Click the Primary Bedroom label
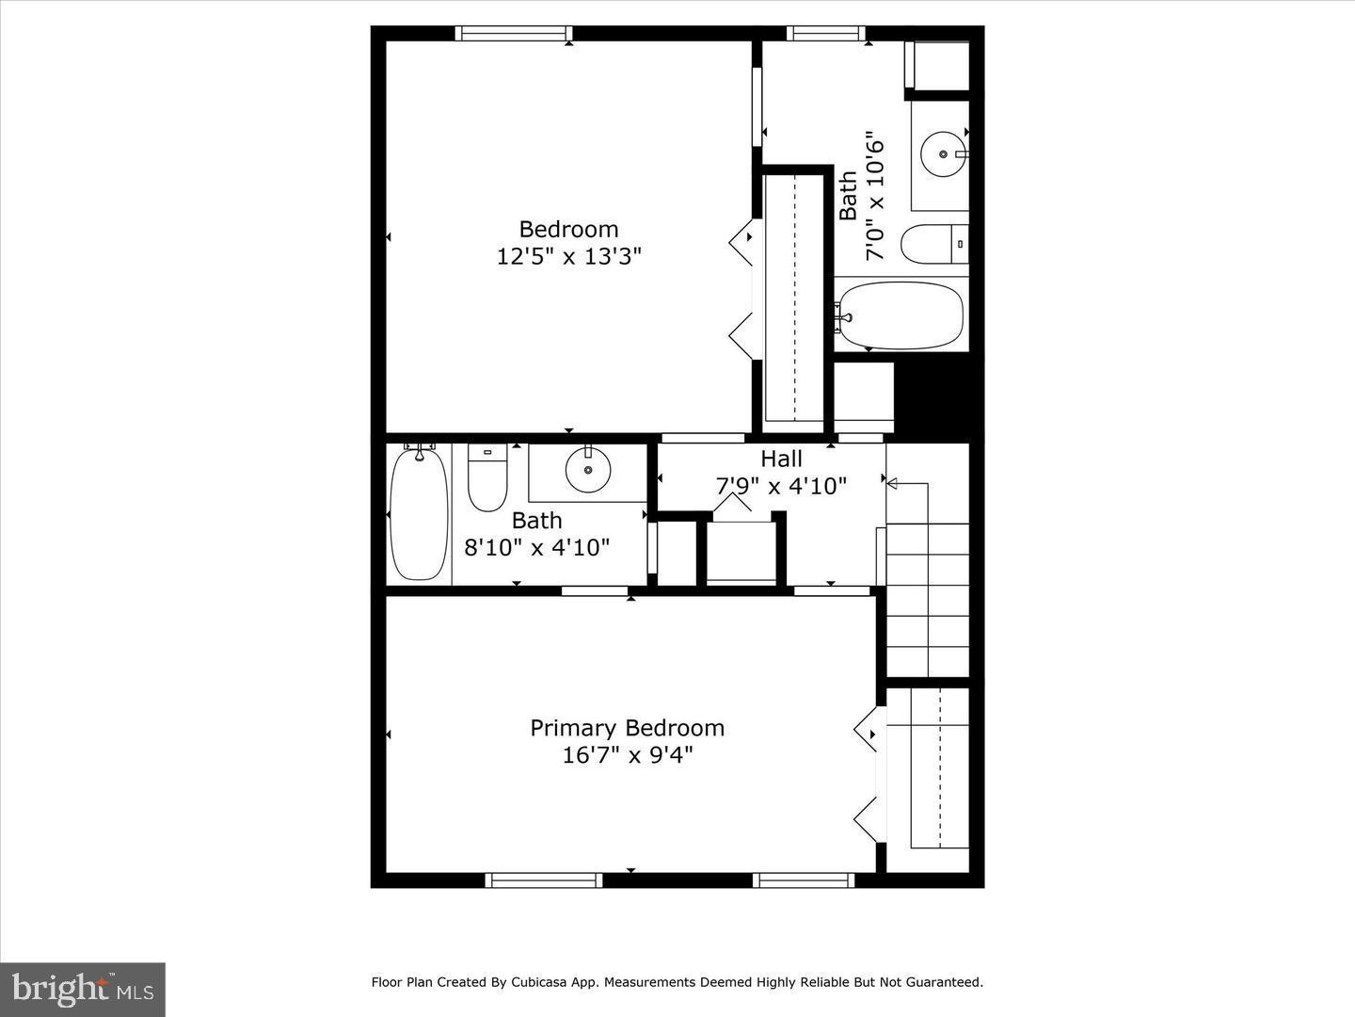click(x=627, y=728)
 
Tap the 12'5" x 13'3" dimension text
click(x=568, y=256)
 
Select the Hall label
click(x=781, y=459)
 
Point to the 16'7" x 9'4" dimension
click(x=627, y=755)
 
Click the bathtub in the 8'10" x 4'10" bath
click(x=419, y=514)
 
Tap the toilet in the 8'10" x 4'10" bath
click(x=487, y=477)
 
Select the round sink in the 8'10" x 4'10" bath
click(x=588, y=469)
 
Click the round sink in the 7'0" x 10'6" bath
click(x=943, y=153)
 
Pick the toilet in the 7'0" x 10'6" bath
click(x=933, y=245)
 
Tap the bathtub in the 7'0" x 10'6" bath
click(x=901, y=315)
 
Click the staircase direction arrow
click(x=893, y=484)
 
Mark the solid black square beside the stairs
click(x=931, y=395)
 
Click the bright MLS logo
click(x=83, y=989)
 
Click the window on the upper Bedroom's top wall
click(x=513, y=34)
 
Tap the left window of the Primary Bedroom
click(x=544, y=880)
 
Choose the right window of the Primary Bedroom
click(x=804, y=880)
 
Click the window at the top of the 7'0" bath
click(x=825, y=34)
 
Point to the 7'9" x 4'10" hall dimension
click(x=781, y=486)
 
